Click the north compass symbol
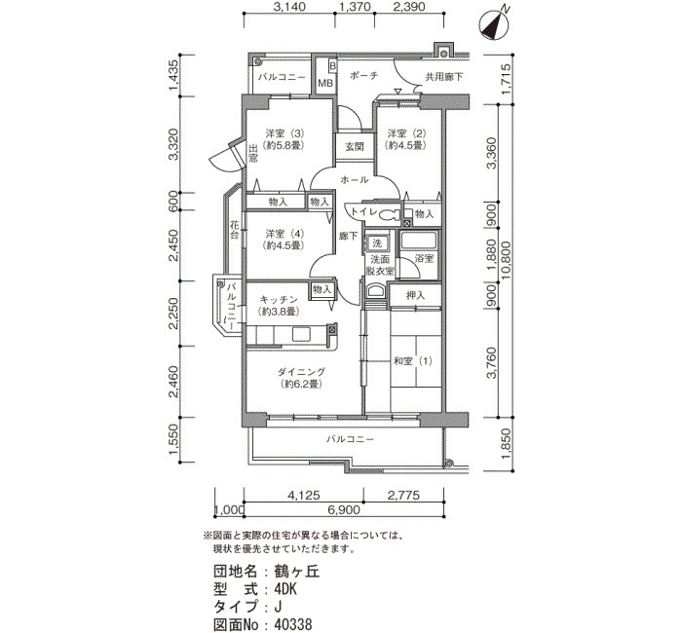494,24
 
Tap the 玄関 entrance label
355,147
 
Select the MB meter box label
325,83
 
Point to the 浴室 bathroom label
424,258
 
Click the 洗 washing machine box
377,243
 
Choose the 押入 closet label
415,296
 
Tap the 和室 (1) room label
413,361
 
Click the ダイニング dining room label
301,372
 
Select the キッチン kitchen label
279,300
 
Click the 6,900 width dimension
344,509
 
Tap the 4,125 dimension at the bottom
304,495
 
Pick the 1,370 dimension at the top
355,7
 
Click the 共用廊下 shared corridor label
443,77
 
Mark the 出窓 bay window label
253,153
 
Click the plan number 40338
293,625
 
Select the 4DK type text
285,589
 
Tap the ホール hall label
355,179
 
